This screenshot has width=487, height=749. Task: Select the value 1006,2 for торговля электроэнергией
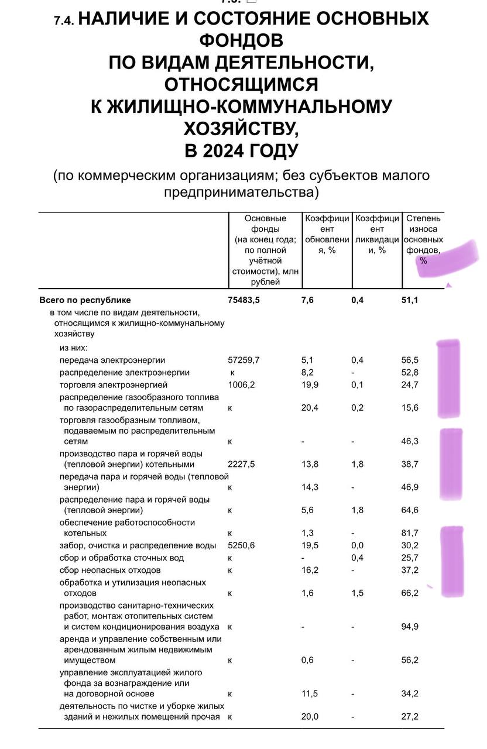pyautogui.click(x=242, y=384)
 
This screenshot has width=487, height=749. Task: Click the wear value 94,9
pyautogui.click(x=410, y=627)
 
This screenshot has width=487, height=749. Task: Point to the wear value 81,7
pyautogui.click(x=410, y=532)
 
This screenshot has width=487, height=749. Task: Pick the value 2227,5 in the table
pyautogui.click(x=242, y=464)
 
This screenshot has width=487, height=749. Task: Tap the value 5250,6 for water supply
pyautogui.click(x=242, y=545)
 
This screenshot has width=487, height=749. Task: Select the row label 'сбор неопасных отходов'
pyautogui.click(x=110, y=570)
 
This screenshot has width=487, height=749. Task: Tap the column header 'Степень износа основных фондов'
pyautogui.click(x=423, y=234)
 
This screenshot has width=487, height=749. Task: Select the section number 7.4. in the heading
pyautogui.click(x=63, y=20)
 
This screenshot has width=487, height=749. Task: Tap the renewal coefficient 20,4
pyautogui.click(x=310, y=408)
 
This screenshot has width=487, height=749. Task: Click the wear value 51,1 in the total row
pyautogui.click(x=410, y=300)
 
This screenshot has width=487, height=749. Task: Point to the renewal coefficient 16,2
pyautogui.click(x=310, y=570)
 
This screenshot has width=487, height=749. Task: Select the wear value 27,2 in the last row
pyautogui.click(x=410, y=716)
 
